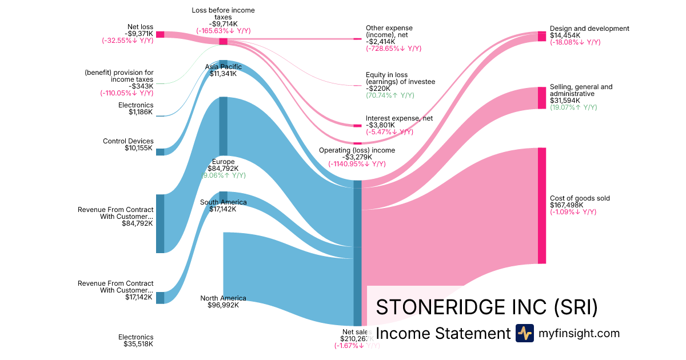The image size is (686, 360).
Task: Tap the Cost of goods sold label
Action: [x=580, y=198]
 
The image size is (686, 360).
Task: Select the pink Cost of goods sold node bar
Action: [x=541, y=206]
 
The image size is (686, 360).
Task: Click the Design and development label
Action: [x=589, y=29]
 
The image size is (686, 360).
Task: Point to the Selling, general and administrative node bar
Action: [x=541, y=98]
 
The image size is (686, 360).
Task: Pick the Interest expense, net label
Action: [x=399, y=118]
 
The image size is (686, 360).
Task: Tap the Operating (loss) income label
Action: [x=357, y=150]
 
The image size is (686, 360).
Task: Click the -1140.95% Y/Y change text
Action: [x=357, y=164]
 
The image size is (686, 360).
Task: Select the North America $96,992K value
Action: [x=223, y=305]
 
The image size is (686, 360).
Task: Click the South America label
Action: [x=223, y=202]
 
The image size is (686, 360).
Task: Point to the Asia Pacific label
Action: [x=223, y=67]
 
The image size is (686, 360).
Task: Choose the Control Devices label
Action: [x=128, y=141]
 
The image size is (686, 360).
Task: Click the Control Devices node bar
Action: [x=160, y=152]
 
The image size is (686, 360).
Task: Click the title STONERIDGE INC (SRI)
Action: [x=487, y=307]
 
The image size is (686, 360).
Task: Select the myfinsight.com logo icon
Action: [x=524, y=333]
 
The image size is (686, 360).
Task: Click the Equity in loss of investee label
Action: [x=400, y=78]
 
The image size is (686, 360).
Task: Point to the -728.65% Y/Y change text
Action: [x=393, y=49]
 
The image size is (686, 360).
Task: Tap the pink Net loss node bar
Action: [x=160, y=34]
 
